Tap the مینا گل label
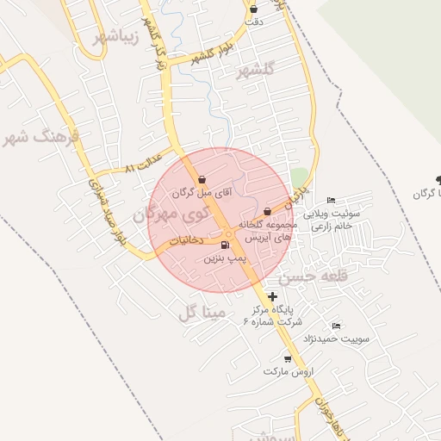coord(202,312)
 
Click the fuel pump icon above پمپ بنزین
coord(226,245)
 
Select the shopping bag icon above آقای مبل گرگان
coord(202,180)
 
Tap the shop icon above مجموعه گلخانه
coord(267,211)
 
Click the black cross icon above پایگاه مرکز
coord(273,295)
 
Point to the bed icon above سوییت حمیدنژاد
coord(336,326)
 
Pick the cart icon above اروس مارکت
coord(287,358)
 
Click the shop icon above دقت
coord(253,9)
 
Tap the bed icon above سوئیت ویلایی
coord(332,201)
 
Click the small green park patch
coord(299,177)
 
